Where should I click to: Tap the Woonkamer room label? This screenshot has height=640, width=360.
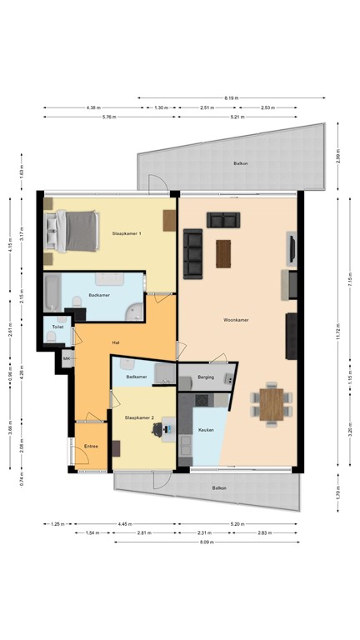236,319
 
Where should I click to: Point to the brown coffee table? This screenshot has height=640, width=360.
223,253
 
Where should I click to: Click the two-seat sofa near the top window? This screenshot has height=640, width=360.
222,220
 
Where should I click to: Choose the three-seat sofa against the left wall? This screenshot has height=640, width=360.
192,254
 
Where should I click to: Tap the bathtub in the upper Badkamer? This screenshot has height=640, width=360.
52,293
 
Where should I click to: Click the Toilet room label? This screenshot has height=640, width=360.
57,327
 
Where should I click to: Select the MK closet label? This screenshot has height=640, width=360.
67,358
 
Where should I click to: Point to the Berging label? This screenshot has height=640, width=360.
206,377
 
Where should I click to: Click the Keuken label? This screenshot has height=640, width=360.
206,431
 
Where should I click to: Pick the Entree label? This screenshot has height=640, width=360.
92,447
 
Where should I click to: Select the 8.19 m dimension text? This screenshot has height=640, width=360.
231,97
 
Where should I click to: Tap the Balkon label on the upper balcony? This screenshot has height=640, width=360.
240,164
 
